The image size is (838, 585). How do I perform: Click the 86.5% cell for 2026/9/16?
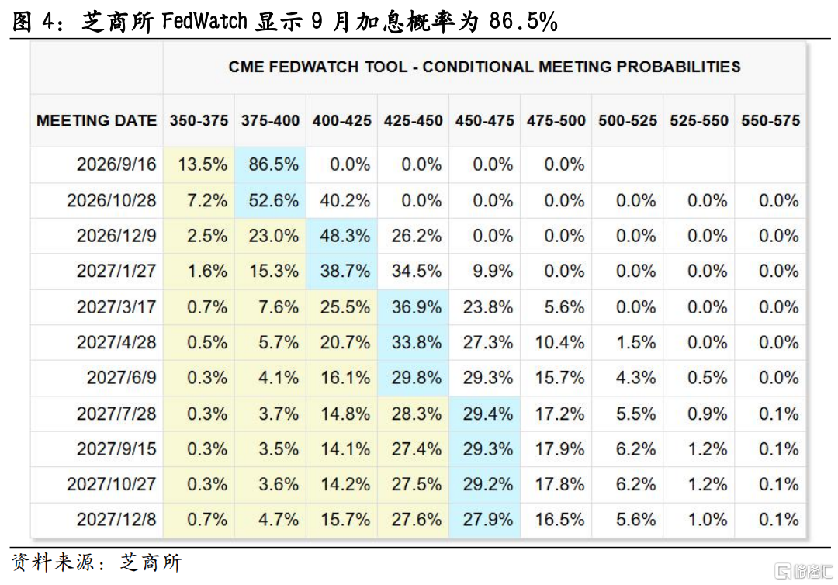tap(273, 164)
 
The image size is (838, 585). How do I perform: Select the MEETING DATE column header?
tap(97, 121)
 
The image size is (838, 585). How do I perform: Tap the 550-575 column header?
tap(770, 121)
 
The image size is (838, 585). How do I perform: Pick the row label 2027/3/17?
tap(116, 307)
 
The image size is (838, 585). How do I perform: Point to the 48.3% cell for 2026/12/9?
tap(345, 236)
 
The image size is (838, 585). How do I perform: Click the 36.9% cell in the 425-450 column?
tap(417, 307)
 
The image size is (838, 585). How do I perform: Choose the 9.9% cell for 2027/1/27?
tap(493, 272)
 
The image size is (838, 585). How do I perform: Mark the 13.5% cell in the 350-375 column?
tap(203, 164)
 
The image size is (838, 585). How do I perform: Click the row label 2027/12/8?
tap(116, 519)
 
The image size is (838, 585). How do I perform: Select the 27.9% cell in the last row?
tap(488, 519)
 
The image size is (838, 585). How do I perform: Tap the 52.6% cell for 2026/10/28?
tap(273, 200)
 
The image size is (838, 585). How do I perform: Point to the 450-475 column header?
tap(485, 121)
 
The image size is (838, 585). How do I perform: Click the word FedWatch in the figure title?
tap(205, 22)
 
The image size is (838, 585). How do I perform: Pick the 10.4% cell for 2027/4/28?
tap(559, 342)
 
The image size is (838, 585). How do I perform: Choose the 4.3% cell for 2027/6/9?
tap(635, 379)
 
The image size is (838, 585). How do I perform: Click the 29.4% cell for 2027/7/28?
tap(488, 414)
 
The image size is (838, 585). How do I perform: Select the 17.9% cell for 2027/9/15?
tap(559, 448)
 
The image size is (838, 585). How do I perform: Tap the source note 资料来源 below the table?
tap(53, 562)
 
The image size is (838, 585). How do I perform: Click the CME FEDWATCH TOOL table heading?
tap(484, 67)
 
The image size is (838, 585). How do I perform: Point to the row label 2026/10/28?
tap(112, 200)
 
